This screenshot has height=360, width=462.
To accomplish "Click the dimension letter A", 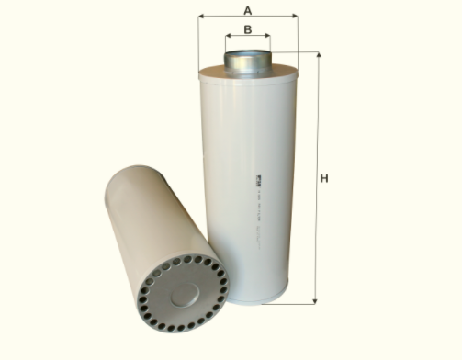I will pos(247,9).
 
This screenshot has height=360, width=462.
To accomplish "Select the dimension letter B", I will pos(247,29).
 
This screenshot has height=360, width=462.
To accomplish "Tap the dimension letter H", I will pos(324,178).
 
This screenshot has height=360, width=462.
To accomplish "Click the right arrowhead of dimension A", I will pos(295,17).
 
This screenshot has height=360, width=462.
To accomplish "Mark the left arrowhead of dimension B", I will pos(229,38).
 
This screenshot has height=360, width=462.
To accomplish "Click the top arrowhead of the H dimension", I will pos(317,56).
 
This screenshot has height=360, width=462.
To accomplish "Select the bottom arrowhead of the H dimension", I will pos(317,300).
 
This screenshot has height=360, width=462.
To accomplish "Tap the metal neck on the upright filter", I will pos(248,62).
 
